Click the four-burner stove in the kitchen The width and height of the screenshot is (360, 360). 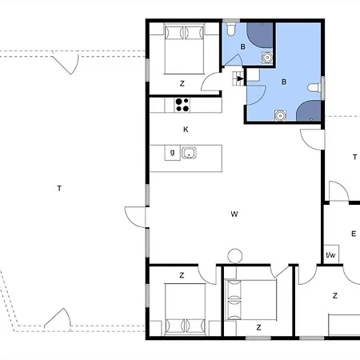(x=182, y=105)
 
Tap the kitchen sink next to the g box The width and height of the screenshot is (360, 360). (x=189, y=153)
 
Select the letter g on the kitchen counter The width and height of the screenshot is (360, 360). (x=172, y=152)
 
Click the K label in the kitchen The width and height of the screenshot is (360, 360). (x=186, y=130)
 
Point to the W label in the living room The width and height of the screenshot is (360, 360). (x=234, y=214)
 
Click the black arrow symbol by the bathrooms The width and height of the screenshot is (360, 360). (x=240, y=78)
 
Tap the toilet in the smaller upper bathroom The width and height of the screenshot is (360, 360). (x=230, y=29)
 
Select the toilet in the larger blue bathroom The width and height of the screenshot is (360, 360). (x=314, y=88)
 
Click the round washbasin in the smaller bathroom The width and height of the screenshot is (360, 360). (x=267, y=57)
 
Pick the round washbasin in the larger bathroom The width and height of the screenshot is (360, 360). (x=280, y=115)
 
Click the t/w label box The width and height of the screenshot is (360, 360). (x=330, y=255)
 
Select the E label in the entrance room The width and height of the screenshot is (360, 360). (x=354, y=234)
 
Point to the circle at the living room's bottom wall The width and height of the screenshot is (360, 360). (x=235, y=256)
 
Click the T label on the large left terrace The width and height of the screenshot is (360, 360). (x=59, y=188)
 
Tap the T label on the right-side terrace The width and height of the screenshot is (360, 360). (x=354, y=157)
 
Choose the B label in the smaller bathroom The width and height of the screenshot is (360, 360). (x=242, y=47)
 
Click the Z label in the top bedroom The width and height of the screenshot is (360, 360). (x=182, y=84)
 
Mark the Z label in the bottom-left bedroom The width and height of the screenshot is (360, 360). (x=182, y=275)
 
